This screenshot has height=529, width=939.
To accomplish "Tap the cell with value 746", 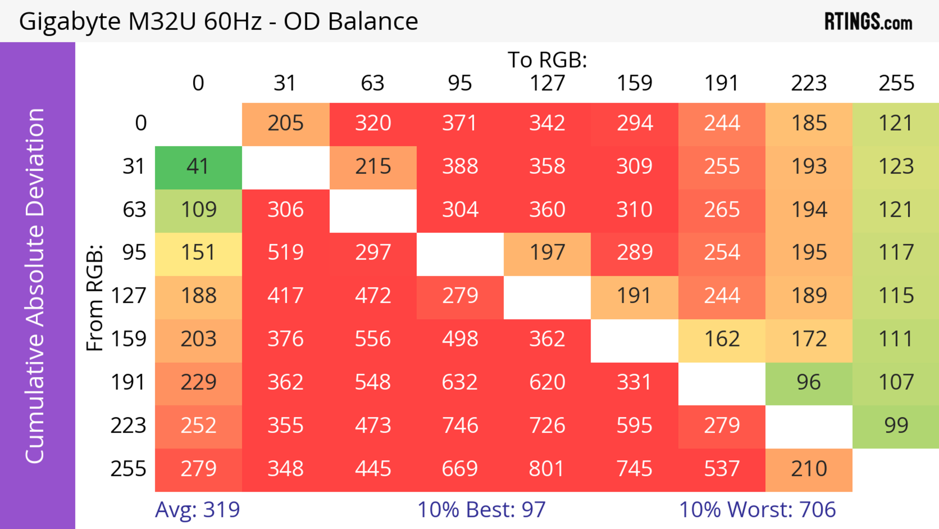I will tap(460, 426).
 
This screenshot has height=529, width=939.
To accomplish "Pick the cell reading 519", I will tap(285, 253).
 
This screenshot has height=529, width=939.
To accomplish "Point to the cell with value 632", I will tap(460, 383).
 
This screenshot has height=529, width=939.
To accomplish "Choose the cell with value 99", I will tap(896, 426).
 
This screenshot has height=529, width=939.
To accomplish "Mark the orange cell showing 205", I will tap(285, 124).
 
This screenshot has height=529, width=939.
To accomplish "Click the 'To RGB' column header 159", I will tap(634, 83).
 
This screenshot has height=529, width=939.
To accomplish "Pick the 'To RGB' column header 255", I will tap(896, 83).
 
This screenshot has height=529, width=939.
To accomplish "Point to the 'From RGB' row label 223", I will tap(128, 426).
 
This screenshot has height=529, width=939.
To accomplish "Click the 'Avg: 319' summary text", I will tap(197, 510).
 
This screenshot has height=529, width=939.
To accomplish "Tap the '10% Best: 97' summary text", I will tap(481, 510).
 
